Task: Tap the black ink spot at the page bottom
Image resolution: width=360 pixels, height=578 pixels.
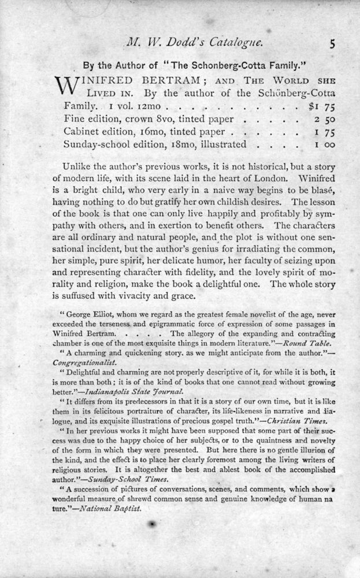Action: (152, 524)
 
